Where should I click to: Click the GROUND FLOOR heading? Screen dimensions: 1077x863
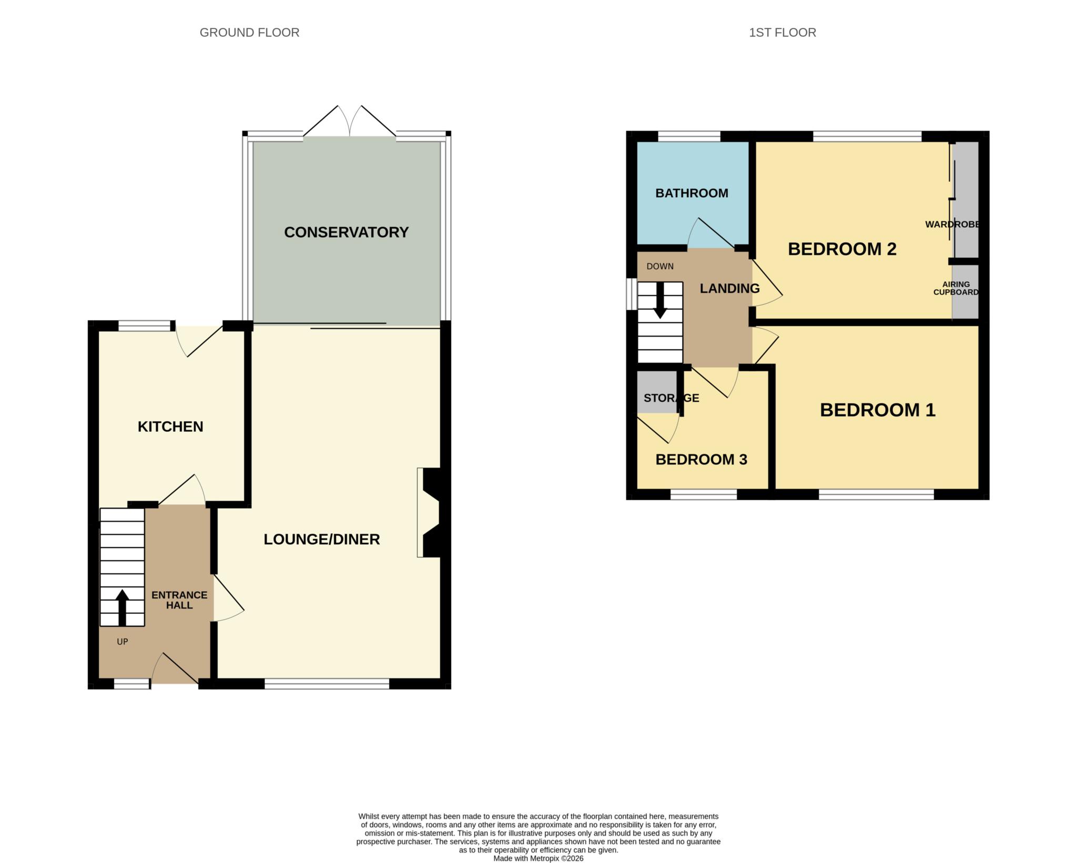(x=249, y=33)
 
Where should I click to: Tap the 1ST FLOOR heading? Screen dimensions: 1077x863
(x=783, y=33)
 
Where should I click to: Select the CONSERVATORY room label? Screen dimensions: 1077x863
(x=347, y=232)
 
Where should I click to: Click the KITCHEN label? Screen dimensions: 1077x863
(x=170, y=427)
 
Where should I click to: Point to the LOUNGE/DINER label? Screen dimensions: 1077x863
(x=322, y=539)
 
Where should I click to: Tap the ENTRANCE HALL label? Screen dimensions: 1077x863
(x=179, y=600)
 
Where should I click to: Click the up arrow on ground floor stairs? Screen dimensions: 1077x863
(x=122, y=608)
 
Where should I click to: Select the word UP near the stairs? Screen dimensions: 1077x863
(x=123, y=642)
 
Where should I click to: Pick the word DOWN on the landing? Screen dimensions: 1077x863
(x=660, y=266)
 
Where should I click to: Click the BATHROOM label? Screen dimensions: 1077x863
(x=692, y=193)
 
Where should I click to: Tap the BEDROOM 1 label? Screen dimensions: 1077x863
(x=878, y=410)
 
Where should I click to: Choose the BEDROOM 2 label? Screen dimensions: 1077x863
(x=842, y=249)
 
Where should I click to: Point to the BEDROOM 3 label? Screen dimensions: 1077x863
(x=701, y=460)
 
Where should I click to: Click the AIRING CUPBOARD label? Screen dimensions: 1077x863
(x=956, y=288)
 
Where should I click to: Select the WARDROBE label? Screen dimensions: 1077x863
(x=952, y=225)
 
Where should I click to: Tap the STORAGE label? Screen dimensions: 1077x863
(x=672, y=398)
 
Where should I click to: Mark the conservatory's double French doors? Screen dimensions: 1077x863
(x=350, y=121)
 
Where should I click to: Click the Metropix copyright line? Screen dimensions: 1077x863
(x=538, y=858)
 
